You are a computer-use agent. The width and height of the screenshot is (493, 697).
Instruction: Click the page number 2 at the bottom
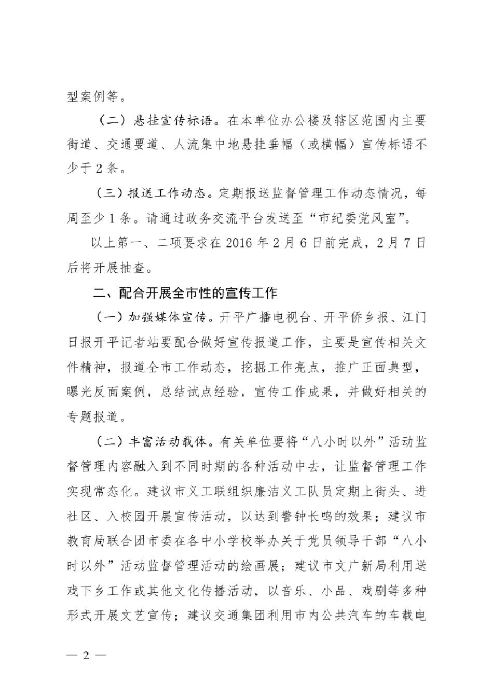[87, 654]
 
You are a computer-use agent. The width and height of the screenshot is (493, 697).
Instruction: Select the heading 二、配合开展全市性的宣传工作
[185, 294]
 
